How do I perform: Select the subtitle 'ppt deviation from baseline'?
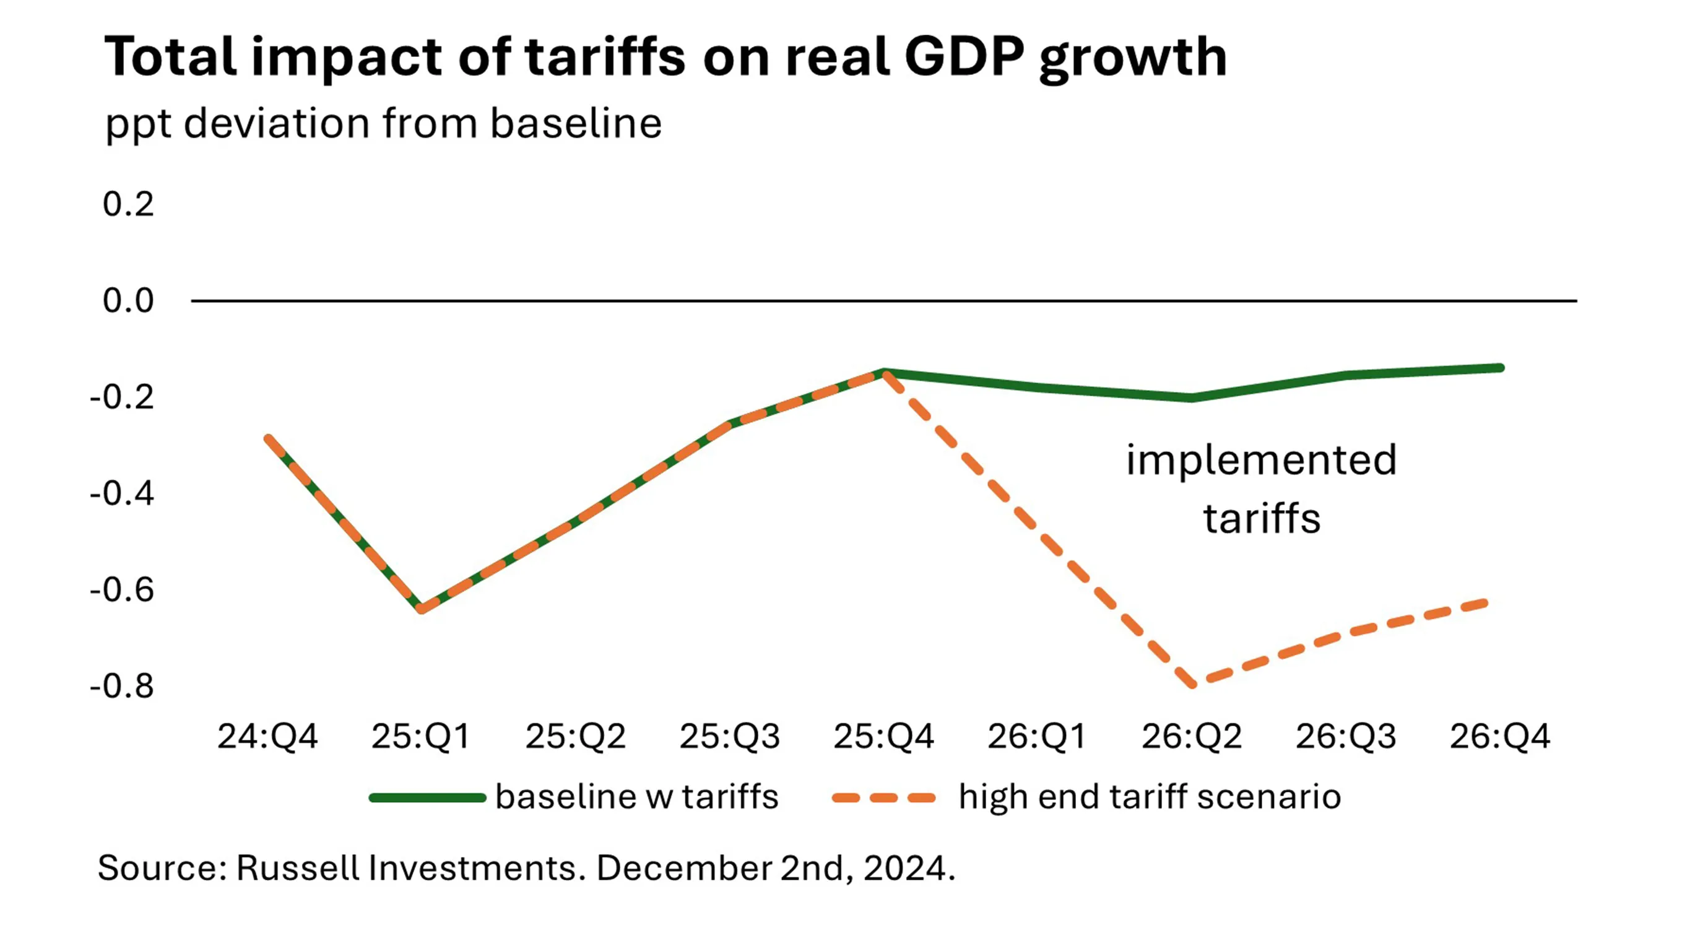pos(383,123)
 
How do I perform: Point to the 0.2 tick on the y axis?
pos(128,205)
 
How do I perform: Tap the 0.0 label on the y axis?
pos(128,301)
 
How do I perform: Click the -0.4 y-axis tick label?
pos(122,493)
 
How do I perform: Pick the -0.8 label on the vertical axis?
pos(122,686)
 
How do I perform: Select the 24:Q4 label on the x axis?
pos(267,736)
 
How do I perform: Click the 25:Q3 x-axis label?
pos(729,736)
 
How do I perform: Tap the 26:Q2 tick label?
pos(1192,736)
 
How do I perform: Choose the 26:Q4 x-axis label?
pos(1500,736)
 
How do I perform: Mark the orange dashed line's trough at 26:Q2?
pos(1193,684)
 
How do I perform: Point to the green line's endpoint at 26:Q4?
pos(1500,368)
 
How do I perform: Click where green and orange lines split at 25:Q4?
pos(885,373)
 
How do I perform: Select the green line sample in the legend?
pos(427,797)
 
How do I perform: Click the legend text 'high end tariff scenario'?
pos(1150,797)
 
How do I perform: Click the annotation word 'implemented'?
pos(1261,460)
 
